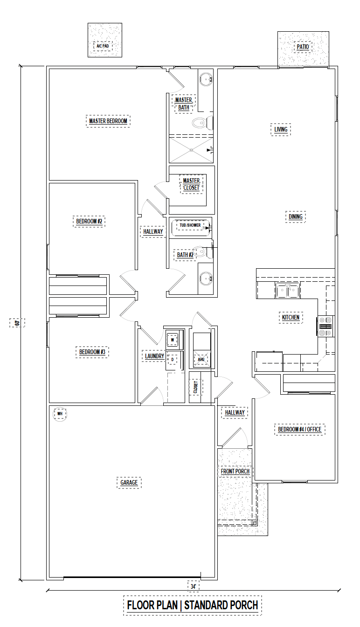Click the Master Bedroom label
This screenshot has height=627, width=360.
tap(108, 121)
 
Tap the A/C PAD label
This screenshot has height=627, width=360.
tap(103, 46)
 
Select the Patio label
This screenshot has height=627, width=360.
tap(303, 47)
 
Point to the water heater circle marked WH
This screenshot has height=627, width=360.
tap(60, 414)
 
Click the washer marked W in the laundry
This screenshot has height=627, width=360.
tap(173, 340)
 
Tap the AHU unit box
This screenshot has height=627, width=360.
tap(201, 359)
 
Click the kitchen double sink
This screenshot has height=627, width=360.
tap(288, 290)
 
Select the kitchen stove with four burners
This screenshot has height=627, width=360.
tap(325, 327)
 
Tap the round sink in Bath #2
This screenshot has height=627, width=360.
tap(206, 279)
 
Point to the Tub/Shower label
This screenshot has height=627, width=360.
tap(190, 225)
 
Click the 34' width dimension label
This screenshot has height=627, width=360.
tap(193, 586)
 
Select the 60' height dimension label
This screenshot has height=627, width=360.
tap(17, 322)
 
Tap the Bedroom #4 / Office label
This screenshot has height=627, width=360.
tap(299, 429)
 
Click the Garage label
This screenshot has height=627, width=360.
tap(129, 482)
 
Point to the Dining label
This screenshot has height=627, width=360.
tap(296, 216)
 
